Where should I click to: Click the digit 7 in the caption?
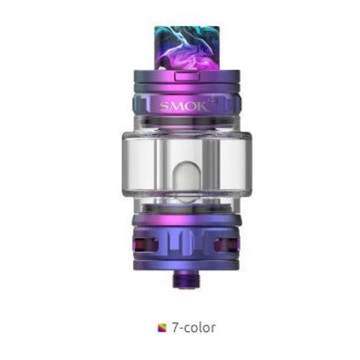coord(173,329)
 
